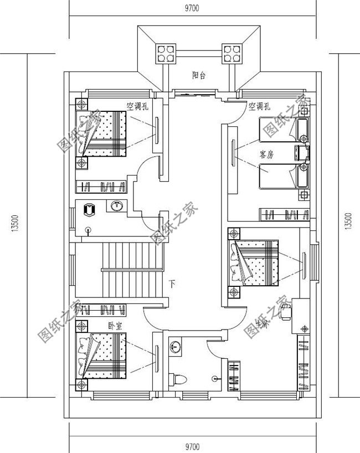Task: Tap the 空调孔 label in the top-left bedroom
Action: [137, 106]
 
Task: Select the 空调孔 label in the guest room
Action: [259, 106]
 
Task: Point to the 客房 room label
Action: [266, 155]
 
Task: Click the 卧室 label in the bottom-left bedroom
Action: [115, 325]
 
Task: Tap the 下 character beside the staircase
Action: [173, 285]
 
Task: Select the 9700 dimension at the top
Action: [191, 8]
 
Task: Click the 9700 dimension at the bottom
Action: [192, 446]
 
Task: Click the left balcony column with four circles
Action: [164, 54]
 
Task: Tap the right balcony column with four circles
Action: [232, 54]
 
